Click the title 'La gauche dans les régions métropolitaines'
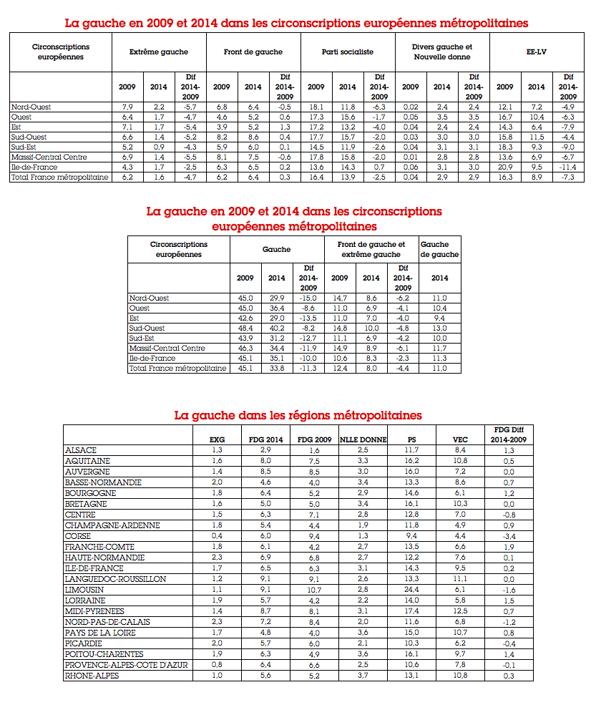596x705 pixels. (298, 415)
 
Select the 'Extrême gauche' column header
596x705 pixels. (159, 52)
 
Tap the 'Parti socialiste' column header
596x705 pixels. (348, 52)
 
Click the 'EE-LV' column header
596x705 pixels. (537, 52)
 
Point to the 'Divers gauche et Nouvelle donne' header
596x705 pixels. (442, 52)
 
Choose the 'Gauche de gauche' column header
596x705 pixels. (439, 249)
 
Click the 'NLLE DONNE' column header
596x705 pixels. (363, 439)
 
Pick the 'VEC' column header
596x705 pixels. (461, 439)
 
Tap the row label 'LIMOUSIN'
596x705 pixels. (84, 590)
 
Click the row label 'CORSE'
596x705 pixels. (78, 536)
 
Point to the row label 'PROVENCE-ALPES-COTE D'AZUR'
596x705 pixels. (126, 665)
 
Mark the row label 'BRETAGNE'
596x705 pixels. (86, 504)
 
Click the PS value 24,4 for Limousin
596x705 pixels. (411, 590)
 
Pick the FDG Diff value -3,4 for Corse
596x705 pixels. (509, 536)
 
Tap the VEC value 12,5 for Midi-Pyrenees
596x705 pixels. (461, 611)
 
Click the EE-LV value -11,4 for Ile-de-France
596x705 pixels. (568, 167)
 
